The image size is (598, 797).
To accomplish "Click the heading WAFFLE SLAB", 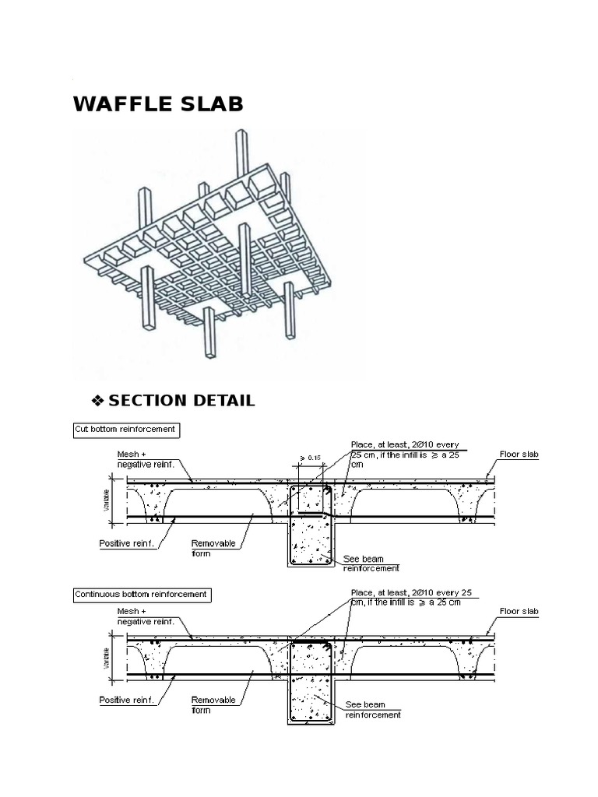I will pos(158,104).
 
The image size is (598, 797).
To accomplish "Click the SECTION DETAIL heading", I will pos(181,401).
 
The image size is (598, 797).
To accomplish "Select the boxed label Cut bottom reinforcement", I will pos(125,429).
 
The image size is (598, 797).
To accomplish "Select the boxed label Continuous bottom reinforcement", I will pos(141,595).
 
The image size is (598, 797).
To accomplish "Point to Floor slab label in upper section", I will pos(519,453).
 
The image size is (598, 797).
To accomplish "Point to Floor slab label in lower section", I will pos(519,612).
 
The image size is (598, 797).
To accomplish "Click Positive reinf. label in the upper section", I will pos(128,544).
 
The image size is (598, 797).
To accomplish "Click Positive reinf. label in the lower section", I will pos(128,700).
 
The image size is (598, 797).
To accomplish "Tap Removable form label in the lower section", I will pos(213,704).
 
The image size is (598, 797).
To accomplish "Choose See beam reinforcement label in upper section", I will pos(371,563).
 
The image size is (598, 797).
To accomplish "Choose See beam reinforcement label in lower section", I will pos(373,709).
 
